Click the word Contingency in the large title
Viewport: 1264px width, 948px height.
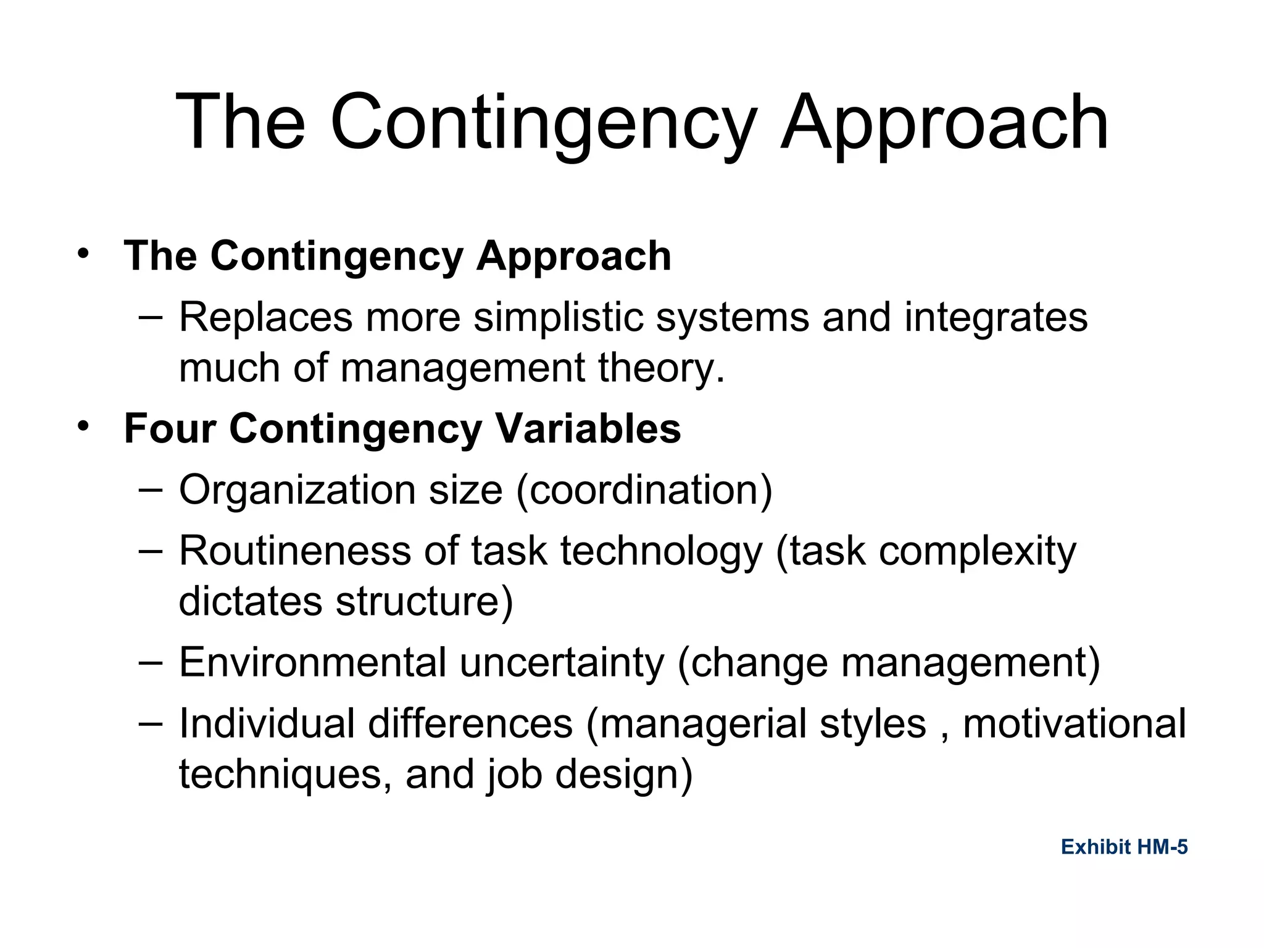(543, 123)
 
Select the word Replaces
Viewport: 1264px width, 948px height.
(266, 317)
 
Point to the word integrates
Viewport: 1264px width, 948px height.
(996, 317)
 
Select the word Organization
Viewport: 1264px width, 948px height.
(297, 490)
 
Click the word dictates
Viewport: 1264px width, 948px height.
(250, 601)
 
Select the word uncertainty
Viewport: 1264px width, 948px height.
(562, 663)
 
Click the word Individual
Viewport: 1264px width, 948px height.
(267, 723)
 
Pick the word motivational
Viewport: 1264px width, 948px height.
(1074, 723)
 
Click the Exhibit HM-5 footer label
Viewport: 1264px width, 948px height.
(1124, 847)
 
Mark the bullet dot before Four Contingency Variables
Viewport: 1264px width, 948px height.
(83, 425)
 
